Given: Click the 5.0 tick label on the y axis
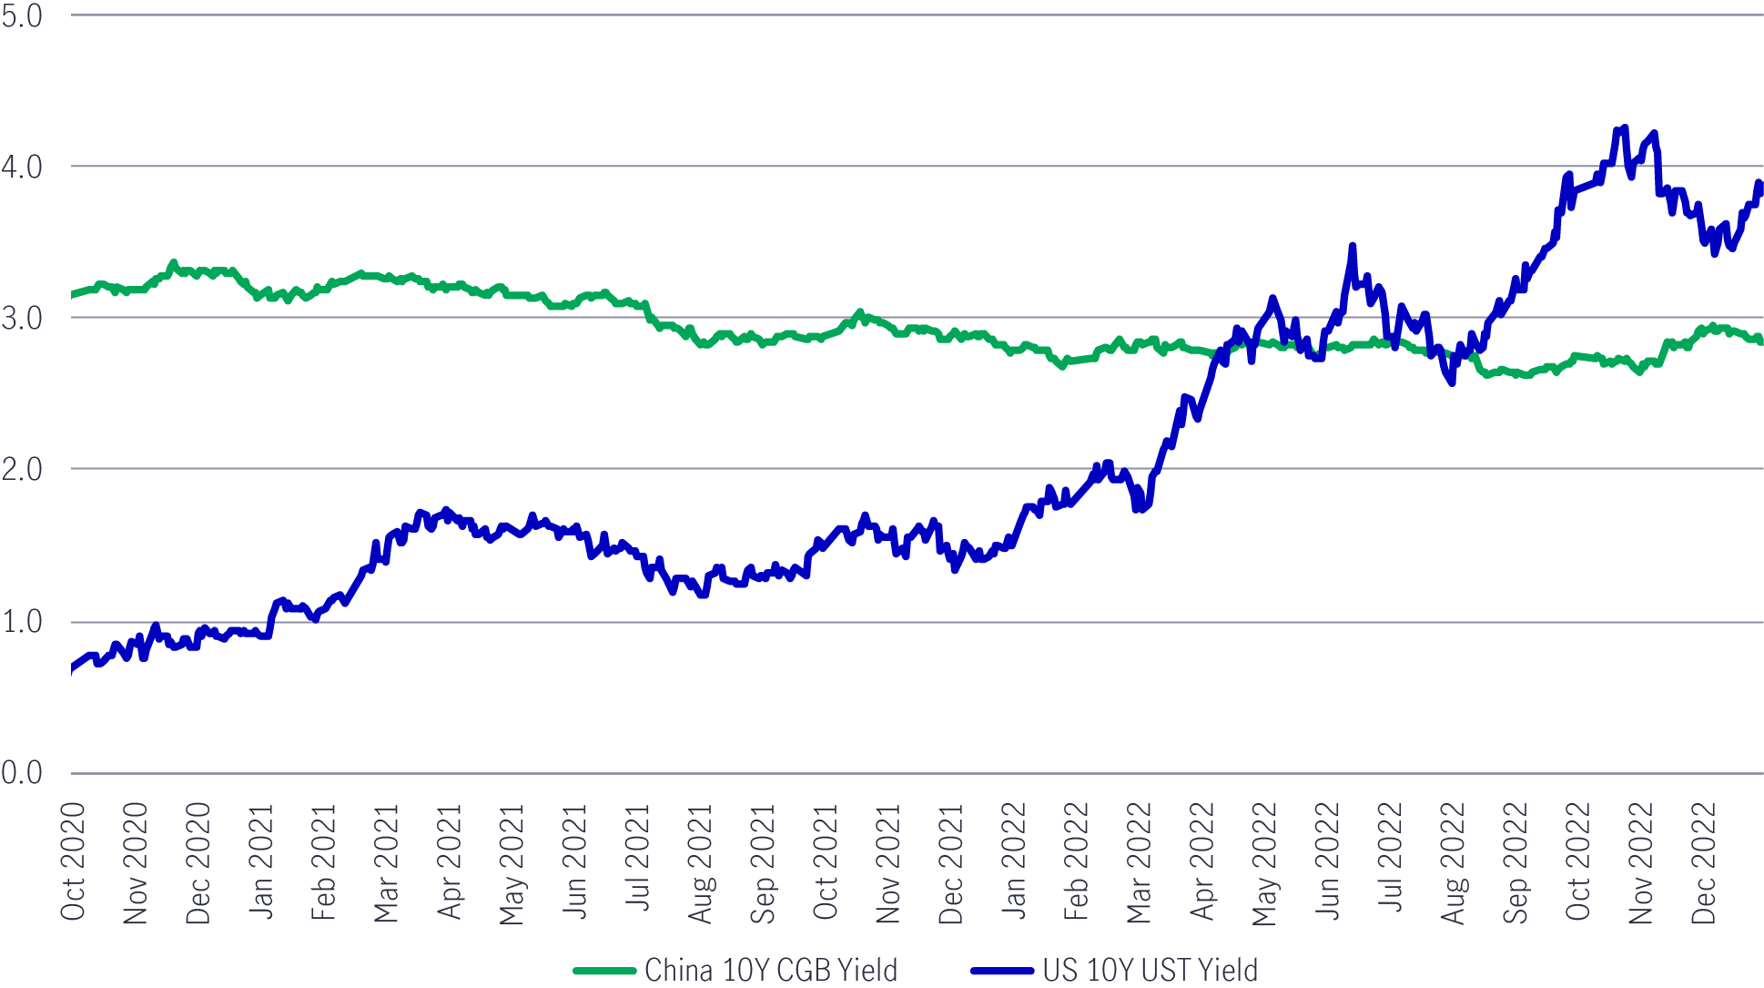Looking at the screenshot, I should pyautogui.click(x=22, y=16).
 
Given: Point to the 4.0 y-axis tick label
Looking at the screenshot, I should pyautogui.click(x=22, y=167).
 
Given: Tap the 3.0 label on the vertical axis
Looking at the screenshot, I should pyautogui.click(x=22, y=318).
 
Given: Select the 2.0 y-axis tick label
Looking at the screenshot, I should pyautogui.click(x=22, y=469).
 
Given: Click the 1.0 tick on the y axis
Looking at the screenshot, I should pyautogui.click(x=22, y=622).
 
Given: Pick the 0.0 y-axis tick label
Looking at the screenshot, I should pyautogui.click(x=22, y=773).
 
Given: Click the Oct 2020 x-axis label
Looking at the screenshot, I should pyautogui.click(x=73, y=861).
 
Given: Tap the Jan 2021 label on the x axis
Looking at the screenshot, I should pyautogui.click(x=261, y=861).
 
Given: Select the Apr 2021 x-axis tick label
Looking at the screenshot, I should pyautogui.click(x=450, y=861).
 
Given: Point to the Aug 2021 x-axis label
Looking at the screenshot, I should pyautogui.click(x=701, y=861).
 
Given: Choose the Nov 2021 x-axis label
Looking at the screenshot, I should pyautogui.click(x=888, y=861).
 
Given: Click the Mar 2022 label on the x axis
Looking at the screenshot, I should pyautogui.click(x=1140, y=861).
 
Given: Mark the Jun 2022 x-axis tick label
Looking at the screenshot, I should pyautogui.click(x=1328, y=861).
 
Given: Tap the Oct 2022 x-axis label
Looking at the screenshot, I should pyautogui.click(x=1578, y=861).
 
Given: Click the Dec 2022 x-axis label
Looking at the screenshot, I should pyautogui.click(x=1704, y=861).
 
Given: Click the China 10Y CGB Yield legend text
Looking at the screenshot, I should pyautogui.click(x=771, y=970).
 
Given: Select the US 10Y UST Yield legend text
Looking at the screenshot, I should pyautogui.click(x=1151, y=970).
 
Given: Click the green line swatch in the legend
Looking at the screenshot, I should pyautogui.click(x=604, y=971).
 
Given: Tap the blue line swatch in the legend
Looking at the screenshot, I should pyautogui.click(x=1002, y=971).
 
